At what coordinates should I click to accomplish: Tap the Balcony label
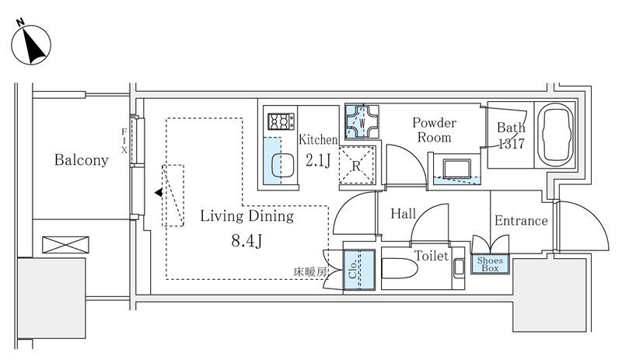pos(81,161)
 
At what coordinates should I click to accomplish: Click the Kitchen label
pos(318,140)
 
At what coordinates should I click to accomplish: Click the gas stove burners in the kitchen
pos(281,121)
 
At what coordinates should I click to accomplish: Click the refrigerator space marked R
pos(355,164)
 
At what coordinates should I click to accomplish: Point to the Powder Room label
pos(434,130)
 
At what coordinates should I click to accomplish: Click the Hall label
pos(403,213)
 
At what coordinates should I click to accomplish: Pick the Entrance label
pos(521,221)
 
